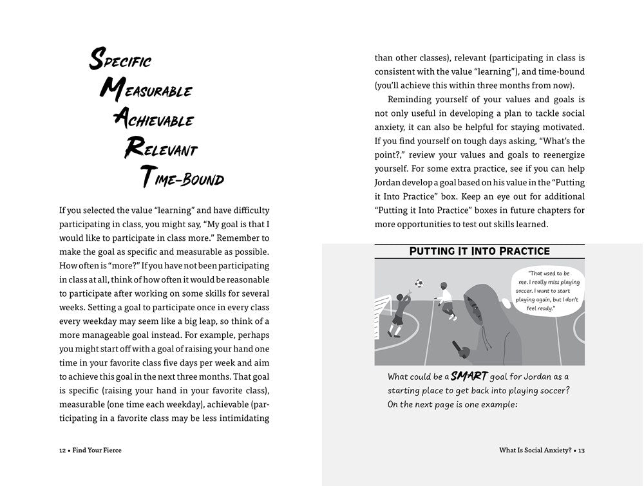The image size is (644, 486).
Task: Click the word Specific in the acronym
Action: (x=120, y=61)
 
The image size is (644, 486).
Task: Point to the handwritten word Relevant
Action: (x=160, y=149)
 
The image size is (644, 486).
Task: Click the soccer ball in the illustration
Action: (x=419, y=283)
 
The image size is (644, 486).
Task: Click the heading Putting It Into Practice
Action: (x=480, y=251)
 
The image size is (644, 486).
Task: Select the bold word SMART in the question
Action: (x=469, y=376)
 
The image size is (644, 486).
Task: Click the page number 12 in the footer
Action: (x=62, y=450)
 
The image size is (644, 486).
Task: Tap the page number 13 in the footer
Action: (x=581, y=450)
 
